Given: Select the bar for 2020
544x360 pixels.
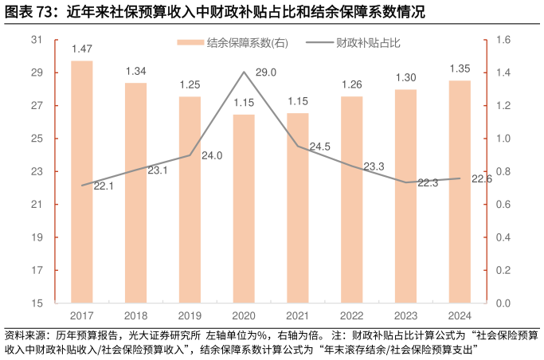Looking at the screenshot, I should coord(244,209).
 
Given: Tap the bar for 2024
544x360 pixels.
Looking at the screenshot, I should coord(460,191).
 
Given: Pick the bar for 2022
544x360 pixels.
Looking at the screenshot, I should coord(352,199).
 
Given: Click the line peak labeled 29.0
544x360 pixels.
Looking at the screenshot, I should coord(244,72).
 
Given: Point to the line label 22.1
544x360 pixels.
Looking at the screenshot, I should coord(104,186).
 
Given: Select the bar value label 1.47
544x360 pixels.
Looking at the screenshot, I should coord(81,49).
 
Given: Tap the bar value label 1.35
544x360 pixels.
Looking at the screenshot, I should coord(460,68).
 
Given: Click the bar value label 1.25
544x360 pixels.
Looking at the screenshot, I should coord(190,84).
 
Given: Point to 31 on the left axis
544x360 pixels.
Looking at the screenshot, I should coord(37,40).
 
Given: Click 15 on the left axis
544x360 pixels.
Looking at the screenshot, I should coord(37,303).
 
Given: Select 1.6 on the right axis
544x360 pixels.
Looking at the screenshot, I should coord(503,40).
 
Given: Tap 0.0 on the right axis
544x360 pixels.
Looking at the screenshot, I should coord(503,303).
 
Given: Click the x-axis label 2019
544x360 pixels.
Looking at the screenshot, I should coord(190,316).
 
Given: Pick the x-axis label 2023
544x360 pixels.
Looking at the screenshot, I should coord(405,316).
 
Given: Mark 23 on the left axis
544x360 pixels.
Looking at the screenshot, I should coord(37,171).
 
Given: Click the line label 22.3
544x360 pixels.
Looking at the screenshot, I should coord(428,182).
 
